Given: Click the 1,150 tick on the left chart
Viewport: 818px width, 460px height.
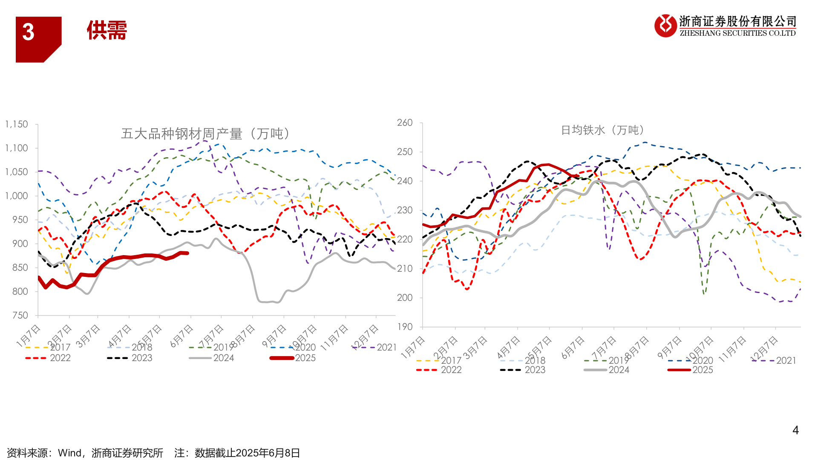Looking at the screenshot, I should click(17, 124).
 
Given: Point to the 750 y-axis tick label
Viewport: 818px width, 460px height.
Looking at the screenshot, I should click(20, 316).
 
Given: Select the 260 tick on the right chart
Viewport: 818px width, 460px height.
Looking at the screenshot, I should click(405, 123).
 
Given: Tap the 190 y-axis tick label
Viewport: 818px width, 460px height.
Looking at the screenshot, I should click(405, 327).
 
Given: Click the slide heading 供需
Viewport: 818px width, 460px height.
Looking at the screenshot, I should click(107, 31).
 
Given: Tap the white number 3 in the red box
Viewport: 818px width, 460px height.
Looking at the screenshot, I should click(28, 32).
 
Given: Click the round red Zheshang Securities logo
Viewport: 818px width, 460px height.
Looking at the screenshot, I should click(665, 26).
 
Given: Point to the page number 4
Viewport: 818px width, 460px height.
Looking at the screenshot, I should click(795, 430).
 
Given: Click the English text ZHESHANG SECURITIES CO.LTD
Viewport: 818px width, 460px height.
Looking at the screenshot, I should click(737, 33).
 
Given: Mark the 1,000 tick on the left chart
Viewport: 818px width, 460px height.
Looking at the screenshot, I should click(17, 196).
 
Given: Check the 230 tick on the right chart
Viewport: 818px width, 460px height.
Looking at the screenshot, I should click(405, 210).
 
